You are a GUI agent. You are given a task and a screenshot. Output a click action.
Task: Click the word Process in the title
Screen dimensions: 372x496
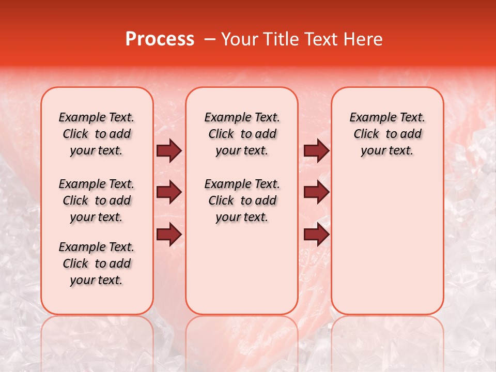[x=160, y=39]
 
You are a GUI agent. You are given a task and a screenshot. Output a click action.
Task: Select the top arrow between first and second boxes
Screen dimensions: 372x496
[x=169, y=151]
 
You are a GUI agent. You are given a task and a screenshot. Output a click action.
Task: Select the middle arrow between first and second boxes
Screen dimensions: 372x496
[x=169, y=193]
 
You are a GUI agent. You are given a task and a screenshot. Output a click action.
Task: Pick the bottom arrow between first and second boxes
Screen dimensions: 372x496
[x=169, y=235]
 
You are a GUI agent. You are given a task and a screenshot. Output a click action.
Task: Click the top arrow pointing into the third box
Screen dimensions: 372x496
[x=316, y=151]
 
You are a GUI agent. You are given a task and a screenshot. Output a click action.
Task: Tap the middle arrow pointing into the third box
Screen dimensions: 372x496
[x=316, y=193]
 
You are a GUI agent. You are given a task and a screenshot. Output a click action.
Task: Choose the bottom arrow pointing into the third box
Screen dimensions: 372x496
[x=316, y=235]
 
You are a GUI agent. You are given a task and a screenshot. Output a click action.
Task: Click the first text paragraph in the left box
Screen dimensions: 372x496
[x=97, y=134]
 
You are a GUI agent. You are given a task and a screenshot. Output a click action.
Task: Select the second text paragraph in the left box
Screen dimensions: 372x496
[x=97, y=200]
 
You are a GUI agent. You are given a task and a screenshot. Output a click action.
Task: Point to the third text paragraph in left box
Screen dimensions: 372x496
[x=97, y=263]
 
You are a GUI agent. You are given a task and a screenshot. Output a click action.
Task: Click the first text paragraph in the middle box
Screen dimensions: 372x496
[x=242, y=134]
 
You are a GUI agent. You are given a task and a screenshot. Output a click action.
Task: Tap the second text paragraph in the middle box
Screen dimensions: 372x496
[x=242, y=200]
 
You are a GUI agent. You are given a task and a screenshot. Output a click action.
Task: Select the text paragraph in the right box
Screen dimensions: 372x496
[x=388, y=134]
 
